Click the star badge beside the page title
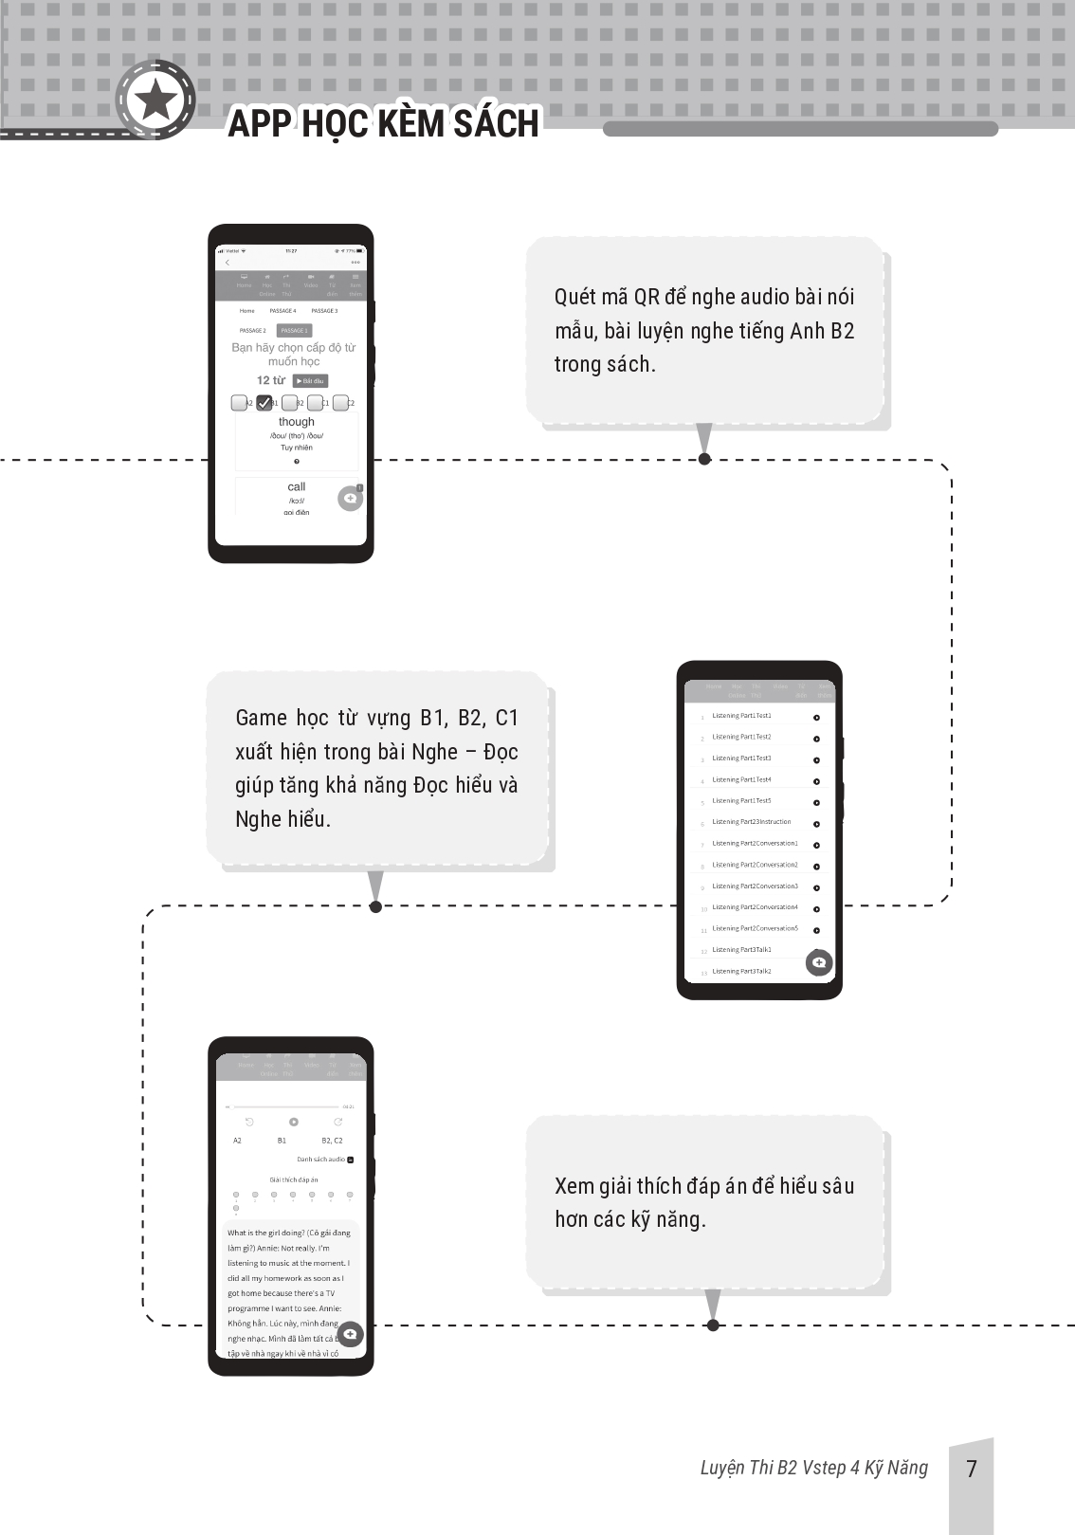point(155,100)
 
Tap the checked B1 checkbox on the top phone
point(264,403)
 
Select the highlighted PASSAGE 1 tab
point(294,331)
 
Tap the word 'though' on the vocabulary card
point(297,422)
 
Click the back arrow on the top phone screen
point(228,263)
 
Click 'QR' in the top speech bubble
point(647,297)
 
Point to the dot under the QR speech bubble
point(704,459)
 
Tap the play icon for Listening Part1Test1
point(816,718)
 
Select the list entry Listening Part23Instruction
point(751,822)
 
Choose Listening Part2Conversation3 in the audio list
point(755,886)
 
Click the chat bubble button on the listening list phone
point(819,962)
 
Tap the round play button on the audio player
point(294,1122)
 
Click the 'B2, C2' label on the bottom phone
point(332,1141)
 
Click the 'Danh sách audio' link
point(321,1160)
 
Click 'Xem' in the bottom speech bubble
point(574,1186)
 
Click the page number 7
point(971,1470)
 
